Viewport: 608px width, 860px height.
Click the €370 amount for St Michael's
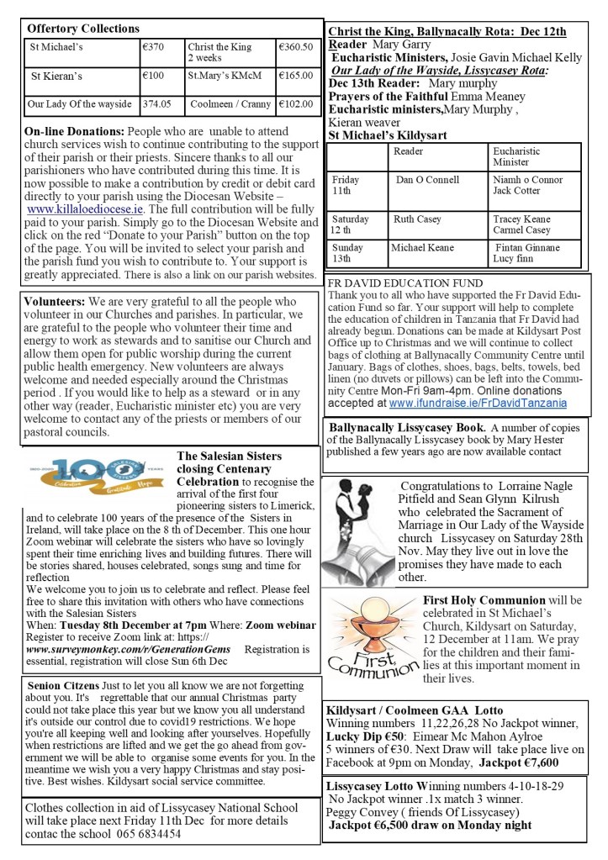click(153, 47)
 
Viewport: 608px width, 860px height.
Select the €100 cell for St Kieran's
click(153, 76)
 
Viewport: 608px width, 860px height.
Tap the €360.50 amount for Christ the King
click(295, 47)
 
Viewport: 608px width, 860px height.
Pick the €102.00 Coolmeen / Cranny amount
click(296, 104)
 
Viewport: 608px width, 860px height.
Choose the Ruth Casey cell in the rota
click(417, 219)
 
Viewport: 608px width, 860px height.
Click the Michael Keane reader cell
click(422, 248)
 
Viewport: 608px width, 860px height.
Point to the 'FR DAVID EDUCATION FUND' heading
click(405, 283)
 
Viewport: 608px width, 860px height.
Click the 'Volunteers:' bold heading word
click(55, 300)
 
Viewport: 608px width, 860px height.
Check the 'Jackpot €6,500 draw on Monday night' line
click(430, 825)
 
